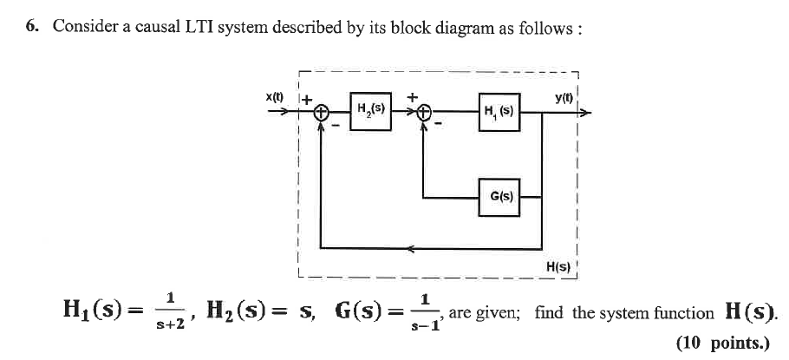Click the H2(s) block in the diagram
point(371,110)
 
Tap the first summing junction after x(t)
point(322,113)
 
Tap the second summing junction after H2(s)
point(423,113)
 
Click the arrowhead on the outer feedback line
point(410,249)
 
